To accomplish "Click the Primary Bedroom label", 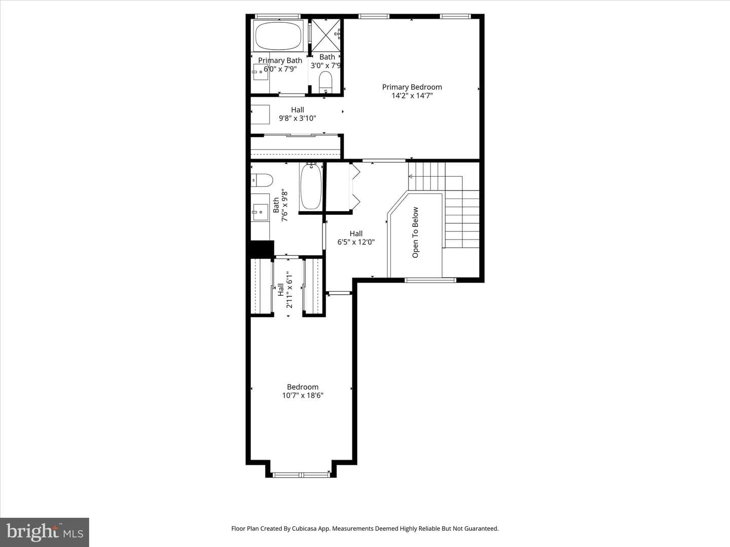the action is click(x=412, y=87).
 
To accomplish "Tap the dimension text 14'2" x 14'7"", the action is click(x=412, y=96).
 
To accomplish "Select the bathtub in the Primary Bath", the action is click(x=278, y=36).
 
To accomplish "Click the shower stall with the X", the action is click(x=326, y=35).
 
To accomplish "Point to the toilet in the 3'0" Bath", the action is click(x=325, y=83).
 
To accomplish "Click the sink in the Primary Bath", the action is click(x=260, y=72).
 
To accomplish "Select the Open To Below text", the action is click(x=415, y=232).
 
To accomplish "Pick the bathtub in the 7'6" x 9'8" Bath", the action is click(x=311, y=187).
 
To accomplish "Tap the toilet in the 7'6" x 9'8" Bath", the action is click(x=262, y=180).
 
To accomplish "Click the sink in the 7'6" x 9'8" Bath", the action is click(x=260, y=212).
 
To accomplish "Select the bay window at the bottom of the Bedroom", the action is click(x=301, y=475).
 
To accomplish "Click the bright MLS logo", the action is click(x=45, y=532).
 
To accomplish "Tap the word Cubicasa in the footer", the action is click(x=304, y=529).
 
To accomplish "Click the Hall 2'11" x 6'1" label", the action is click(x=285, y=290).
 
